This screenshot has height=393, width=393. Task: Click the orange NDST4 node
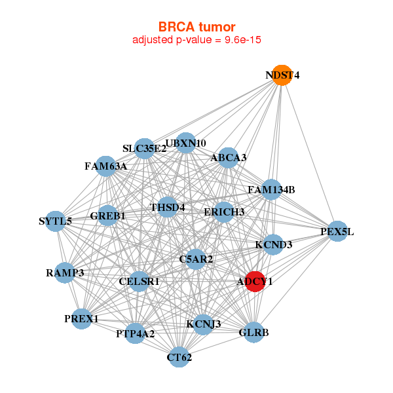point(282,75)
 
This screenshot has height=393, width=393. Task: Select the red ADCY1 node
point(255,282)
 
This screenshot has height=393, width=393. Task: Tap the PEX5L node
point(337,231)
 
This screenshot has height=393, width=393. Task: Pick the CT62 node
point(179,357)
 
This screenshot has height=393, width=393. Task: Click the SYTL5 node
point(56,221)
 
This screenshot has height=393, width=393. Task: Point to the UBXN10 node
point(185,143)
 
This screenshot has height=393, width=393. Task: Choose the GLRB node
point(253,332)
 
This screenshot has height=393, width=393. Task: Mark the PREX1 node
point(81,319)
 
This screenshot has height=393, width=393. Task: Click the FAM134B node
point(271,190)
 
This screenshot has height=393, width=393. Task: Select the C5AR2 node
point(196,259)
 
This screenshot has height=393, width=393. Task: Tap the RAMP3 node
point(65,272)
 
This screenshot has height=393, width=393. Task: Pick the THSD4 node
point(168,207)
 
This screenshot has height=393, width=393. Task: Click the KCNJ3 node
point(204,325)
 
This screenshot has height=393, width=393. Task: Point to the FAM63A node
point(105,166)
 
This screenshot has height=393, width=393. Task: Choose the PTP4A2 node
point(135,333)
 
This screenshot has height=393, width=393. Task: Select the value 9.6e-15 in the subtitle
point(243,39)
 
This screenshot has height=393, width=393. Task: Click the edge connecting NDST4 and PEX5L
point(310,153)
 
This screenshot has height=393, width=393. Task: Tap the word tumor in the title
point(217,27)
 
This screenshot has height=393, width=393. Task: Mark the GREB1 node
point(107,215)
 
